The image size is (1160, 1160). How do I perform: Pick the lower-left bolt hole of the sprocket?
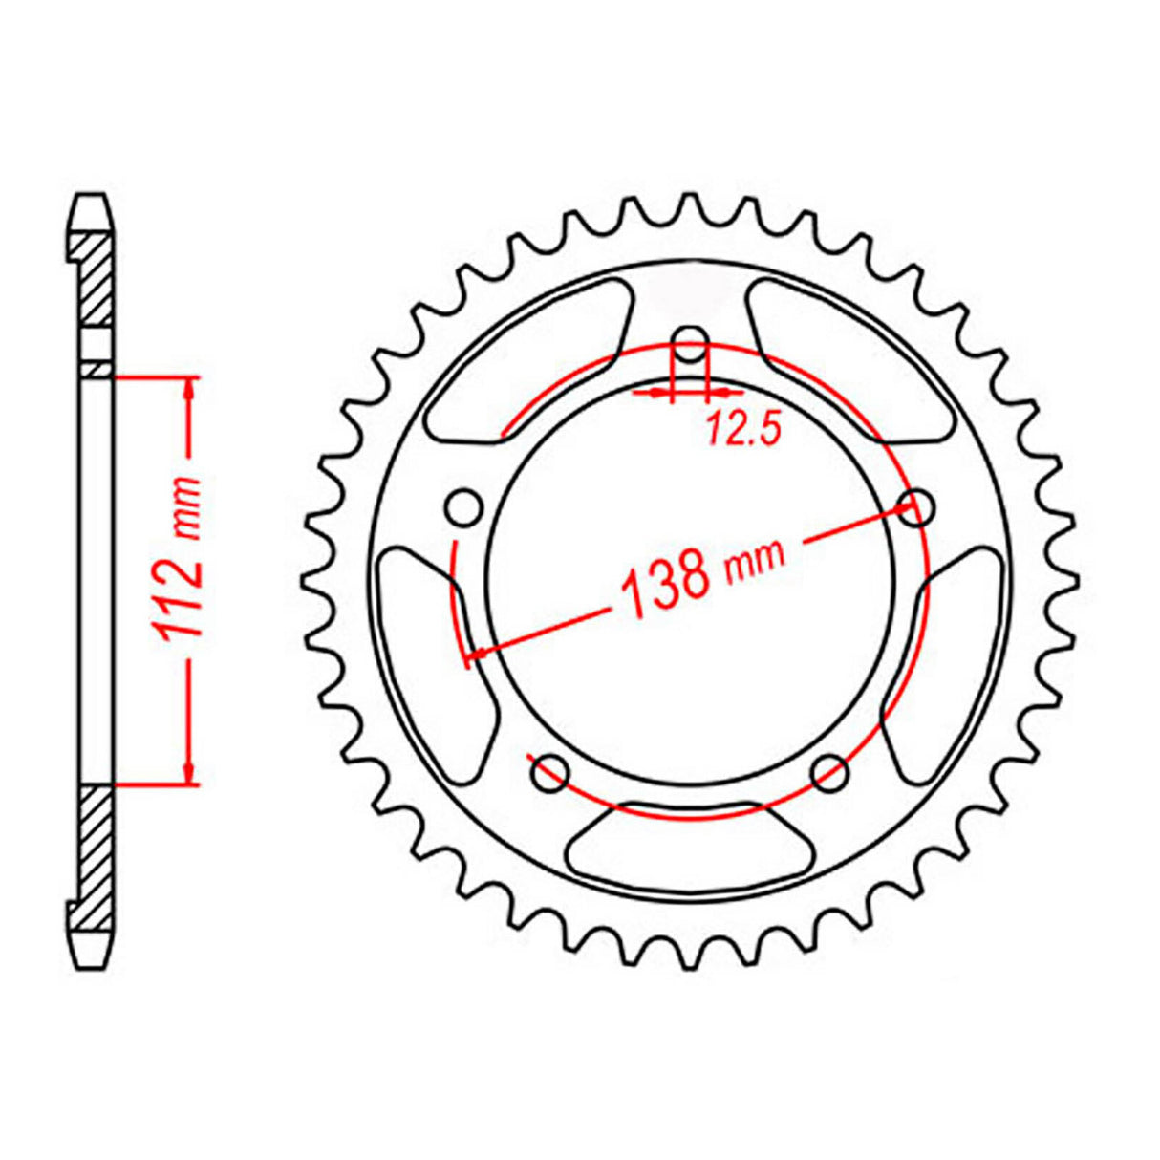coord(549,774)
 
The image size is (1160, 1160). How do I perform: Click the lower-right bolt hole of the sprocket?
coord(829,772)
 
